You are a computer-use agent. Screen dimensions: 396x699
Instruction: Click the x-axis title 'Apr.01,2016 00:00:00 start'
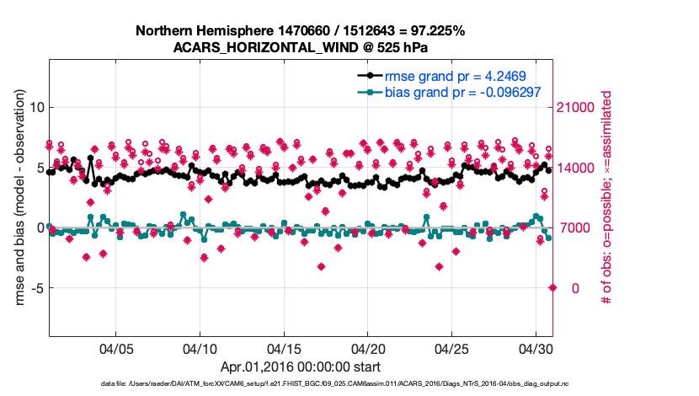coord(300,367)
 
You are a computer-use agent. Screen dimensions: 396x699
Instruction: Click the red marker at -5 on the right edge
coord(552,287)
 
